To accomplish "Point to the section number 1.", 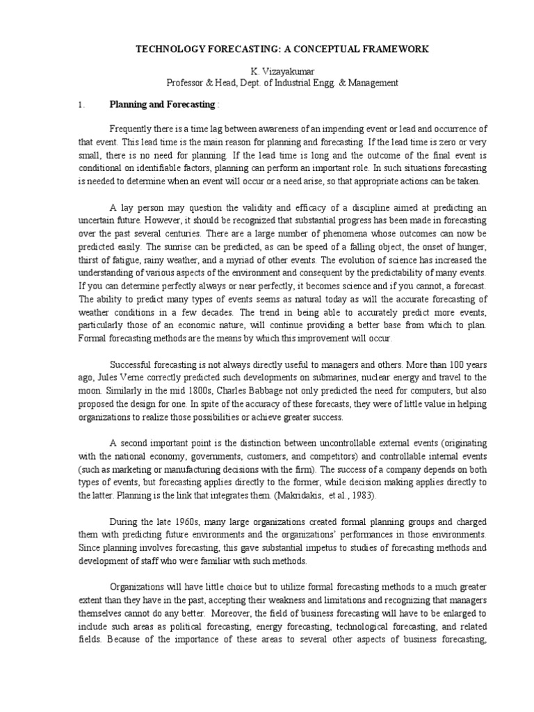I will tap(81, 105).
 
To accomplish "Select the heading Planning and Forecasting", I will tap(162, 105).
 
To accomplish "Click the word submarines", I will tap(327, 376).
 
